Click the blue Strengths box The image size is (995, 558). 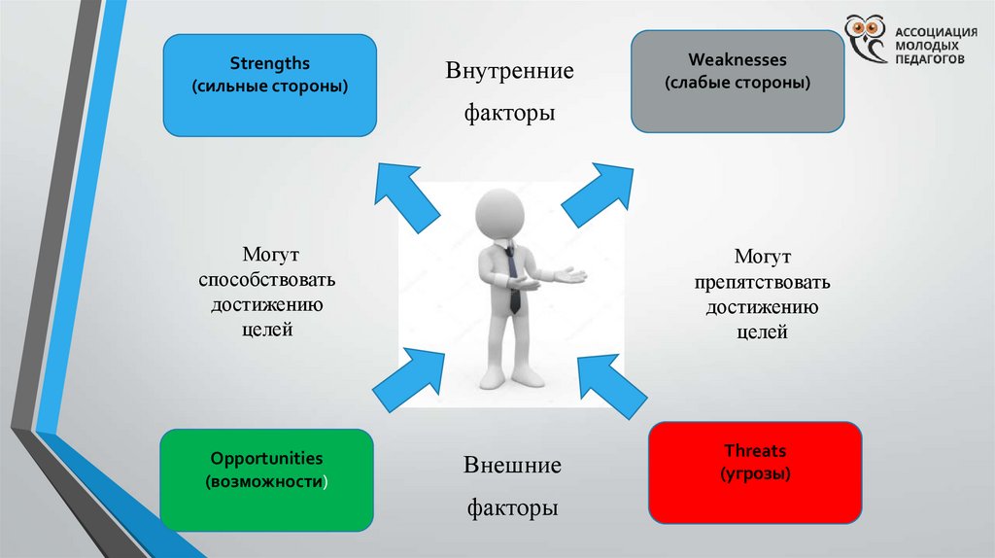(269, 85)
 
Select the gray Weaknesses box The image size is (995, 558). (738, 82)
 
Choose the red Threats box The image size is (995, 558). (755, 471)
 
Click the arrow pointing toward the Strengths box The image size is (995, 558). (406, 197)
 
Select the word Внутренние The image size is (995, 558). (510, 71)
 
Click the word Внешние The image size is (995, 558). (511, 465)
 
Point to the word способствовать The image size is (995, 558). (267, 280)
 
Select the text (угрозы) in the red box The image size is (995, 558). (755, 475)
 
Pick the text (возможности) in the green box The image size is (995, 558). (266, 482)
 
